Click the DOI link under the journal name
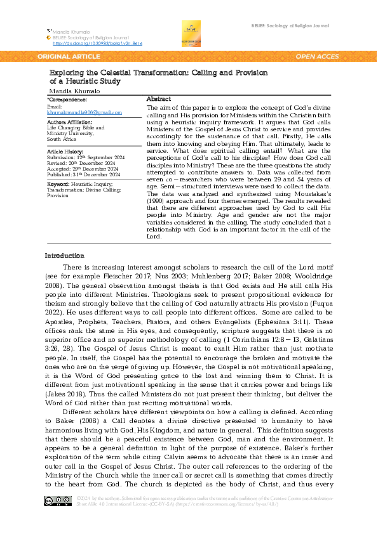point(97,43)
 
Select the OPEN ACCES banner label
point(317,56)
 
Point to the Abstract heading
point(158,100)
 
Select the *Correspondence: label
point(67,100)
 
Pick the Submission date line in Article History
point(79,158)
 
